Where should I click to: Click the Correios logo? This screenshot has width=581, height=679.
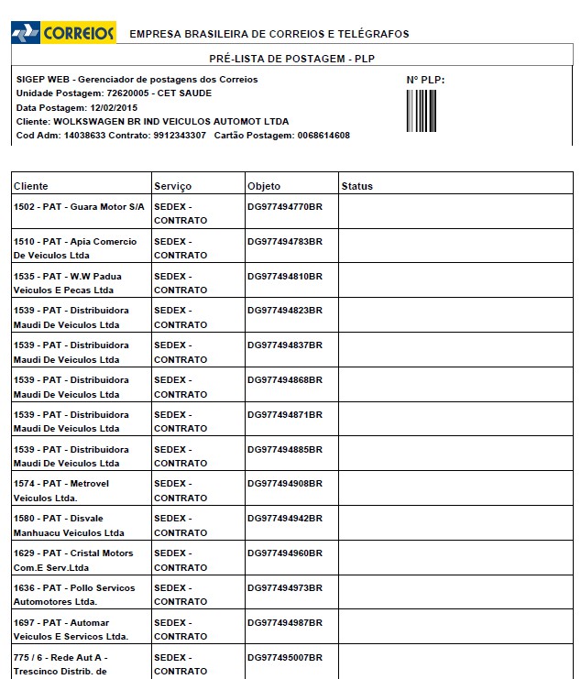[63, 33]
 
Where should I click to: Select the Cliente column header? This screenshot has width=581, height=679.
[30, 186]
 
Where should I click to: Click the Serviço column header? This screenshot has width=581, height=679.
[173, 186]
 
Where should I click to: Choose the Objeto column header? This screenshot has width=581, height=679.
[264, 186]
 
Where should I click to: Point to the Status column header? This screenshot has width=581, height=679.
[357, 186]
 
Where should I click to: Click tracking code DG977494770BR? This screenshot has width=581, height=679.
[285, 207]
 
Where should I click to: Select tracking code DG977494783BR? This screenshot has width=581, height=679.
[285, 242]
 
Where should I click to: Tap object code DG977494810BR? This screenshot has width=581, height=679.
[285, 276]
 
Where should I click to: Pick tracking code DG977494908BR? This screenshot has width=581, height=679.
[285, 484]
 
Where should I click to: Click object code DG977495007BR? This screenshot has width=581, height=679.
[285, 657]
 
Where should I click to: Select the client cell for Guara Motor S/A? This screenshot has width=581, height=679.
[79, 207]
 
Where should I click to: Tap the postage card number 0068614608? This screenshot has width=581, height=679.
[323, 136]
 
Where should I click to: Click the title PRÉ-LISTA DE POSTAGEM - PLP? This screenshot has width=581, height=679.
[292, 58]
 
